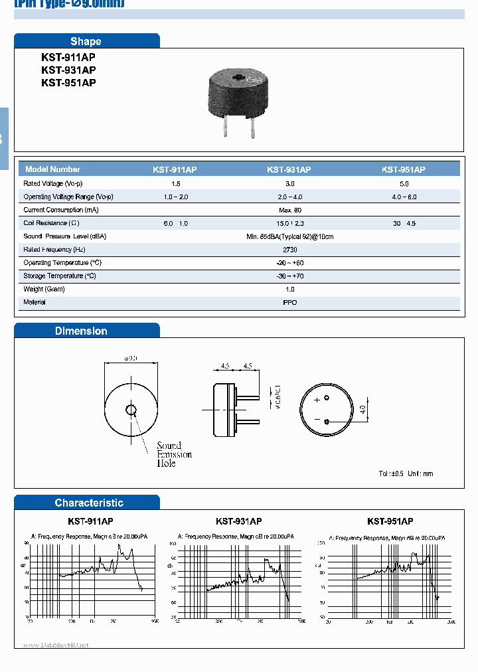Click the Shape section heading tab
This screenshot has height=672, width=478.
click(86, 41)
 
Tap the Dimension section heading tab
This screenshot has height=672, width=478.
click(81, 331)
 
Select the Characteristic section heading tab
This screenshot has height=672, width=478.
click(89, 503)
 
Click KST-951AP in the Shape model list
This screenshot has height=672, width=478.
click(68, 82)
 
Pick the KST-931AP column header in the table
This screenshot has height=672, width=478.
click(289, 169)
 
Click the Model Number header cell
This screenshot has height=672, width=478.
click(52, 169)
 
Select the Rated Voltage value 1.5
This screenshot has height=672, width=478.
click(175, 183)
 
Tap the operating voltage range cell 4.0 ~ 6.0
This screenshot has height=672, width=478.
click(404, 197)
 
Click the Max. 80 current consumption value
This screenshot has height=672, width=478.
click(289, 210)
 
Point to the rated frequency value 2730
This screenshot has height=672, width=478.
click(289, 250)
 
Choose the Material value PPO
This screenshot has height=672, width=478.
click(289, 302)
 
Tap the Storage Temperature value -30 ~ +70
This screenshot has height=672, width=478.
click(289, 276)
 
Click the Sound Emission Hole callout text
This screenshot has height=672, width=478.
click(174, 454)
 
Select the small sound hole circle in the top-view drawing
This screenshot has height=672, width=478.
click(131, 410)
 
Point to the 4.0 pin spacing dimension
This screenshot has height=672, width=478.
click(362, 409)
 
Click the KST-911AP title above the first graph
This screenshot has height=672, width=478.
click(91, 522)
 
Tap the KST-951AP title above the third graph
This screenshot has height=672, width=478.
click(390, 522)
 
